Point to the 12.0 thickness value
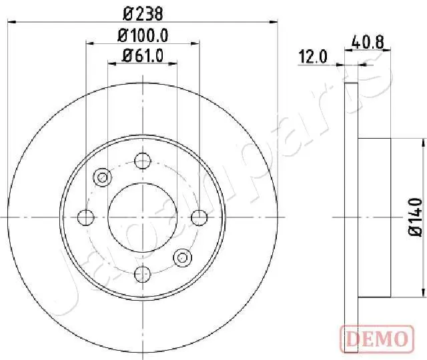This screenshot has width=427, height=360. pos(313,57)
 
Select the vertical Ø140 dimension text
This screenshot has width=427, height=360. pos(415,217)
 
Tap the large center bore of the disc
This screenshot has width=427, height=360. pos(143,217)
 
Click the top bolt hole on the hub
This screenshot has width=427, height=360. pos(143,161)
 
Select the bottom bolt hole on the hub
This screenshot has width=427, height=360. pos(143,273)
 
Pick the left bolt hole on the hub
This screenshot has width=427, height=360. pos(86,217)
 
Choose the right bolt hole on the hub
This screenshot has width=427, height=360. pos(199,217)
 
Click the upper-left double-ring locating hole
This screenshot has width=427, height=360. pos(103,177)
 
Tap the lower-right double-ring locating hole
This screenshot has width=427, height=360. pos(182,257)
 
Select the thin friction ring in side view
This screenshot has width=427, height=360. pos(352,217)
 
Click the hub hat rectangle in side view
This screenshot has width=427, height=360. pos(375,217)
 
